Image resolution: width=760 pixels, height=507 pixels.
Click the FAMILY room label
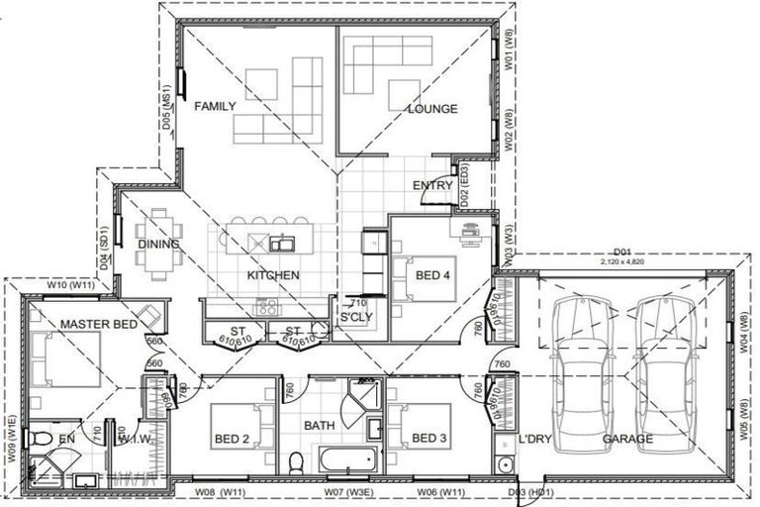[x=215, y=105]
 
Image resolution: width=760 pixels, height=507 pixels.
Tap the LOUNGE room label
[x=432, y=108]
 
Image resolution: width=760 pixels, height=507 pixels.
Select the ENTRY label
[x=432, y=185]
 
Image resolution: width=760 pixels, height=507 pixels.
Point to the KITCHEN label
[x=273, y=275]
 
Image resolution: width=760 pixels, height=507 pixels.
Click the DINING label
[x=158, y=244]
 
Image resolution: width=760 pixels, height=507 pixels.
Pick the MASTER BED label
[x=97, y=324]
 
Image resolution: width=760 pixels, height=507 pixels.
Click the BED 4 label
[x=435, y=275]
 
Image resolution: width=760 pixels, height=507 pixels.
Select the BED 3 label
[x=430, y=439]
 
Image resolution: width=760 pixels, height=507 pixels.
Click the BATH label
[x=320, y=425]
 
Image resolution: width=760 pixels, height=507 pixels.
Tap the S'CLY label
[x=355, y=317]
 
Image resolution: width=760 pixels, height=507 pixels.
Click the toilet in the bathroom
[x=296, y=462]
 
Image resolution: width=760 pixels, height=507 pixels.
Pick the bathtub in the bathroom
[x=345, y=460]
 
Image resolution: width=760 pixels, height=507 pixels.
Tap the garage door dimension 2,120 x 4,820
[x=622, y=263]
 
